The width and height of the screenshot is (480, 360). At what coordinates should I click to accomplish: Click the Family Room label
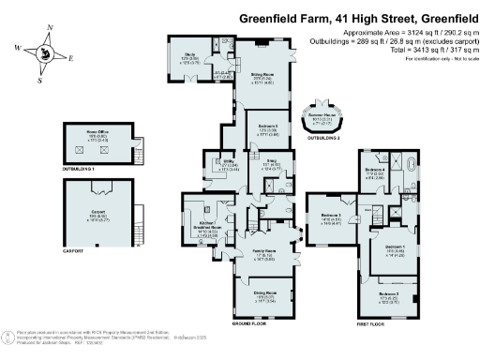(263, 252)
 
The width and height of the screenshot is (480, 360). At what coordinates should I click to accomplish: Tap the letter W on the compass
(18, 47)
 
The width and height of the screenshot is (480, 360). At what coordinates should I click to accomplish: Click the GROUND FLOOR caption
(250, 323)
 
